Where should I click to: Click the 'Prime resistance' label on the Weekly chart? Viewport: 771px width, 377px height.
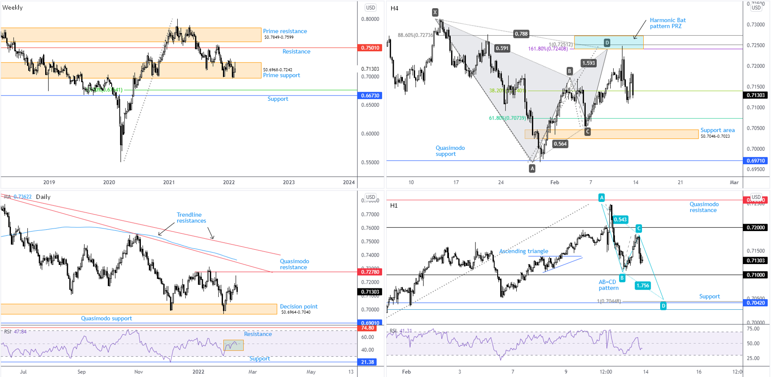pyautogui.click(x=285, y=31)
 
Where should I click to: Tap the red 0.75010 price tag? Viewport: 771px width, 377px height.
pyautogui.click(x=370, y=48)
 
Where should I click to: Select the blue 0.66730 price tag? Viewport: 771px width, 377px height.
pyautogui.click(x=370, y=96)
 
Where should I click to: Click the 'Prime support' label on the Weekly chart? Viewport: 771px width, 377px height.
pyautogui.click(x=281, y=75)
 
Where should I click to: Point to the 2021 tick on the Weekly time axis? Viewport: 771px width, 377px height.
pyautogui.click(x=169, y=182)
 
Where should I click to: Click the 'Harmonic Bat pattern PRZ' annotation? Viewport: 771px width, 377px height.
pyautogui.click(x=668, y=23)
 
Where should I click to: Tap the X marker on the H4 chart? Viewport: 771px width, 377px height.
pyautogui.click(x=435, y=12)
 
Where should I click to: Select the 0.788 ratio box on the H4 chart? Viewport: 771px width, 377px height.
pyautogui.click(x=521, y=33)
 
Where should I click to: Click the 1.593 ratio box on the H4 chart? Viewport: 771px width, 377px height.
pyautogui.click(x=588, y=63)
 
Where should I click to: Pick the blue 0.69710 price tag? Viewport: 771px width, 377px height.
pyautogui.click(x=756, y=161)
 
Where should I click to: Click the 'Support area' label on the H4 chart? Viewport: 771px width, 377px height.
pyautogui.click(x=717, y=130)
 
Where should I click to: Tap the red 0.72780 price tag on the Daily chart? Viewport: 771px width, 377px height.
pyautogui.click(x=370, y=272)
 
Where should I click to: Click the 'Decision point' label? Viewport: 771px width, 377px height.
pyautogui.click(x=299, y=307)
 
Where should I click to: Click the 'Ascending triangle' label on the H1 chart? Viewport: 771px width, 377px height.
pyautogui.click(x=523, y=251)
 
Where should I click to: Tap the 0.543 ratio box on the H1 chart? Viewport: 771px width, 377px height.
pyautogui.click(x=620, y=220)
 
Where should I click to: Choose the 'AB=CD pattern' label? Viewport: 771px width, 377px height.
pyautogui.click(x=608, y=285)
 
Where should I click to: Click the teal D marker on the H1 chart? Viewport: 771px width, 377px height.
pyautogui.click(x=663, y=306)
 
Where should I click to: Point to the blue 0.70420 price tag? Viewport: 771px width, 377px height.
pyautogui.click(x=756, y=303)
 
